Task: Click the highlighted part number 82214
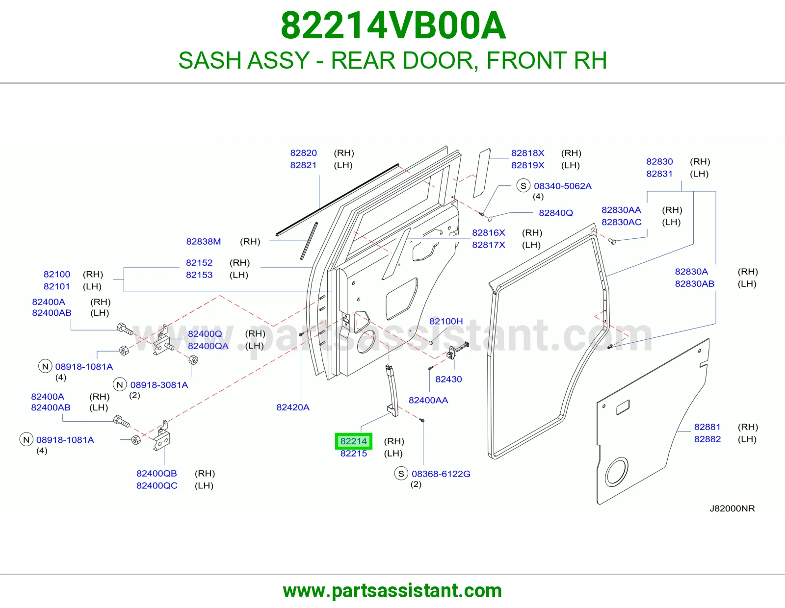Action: click(353, 441)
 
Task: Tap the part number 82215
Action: click(353, 454)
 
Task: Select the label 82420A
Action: click(292, 407)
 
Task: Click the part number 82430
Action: click(448, 379)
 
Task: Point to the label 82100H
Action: click(446, 321)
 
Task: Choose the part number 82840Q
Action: click(555, 213)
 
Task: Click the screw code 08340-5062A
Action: click(562, 186)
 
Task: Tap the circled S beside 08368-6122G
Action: click(401, 474)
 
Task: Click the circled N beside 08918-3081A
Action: click(120, 385)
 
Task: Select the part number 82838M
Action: click(204, 241)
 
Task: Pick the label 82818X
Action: click(527, 152)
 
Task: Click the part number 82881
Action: click(707, 427)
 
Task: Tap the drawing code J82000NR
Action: click(732, 508)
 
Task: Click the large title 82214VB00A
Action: click(393, 25)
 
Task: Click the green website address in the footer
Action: click(392, 591)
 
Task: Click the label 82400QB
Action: click(157, 473)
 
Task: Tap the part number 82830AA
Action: click(621, 210)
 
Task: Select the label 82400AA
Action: click(428, 400)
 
